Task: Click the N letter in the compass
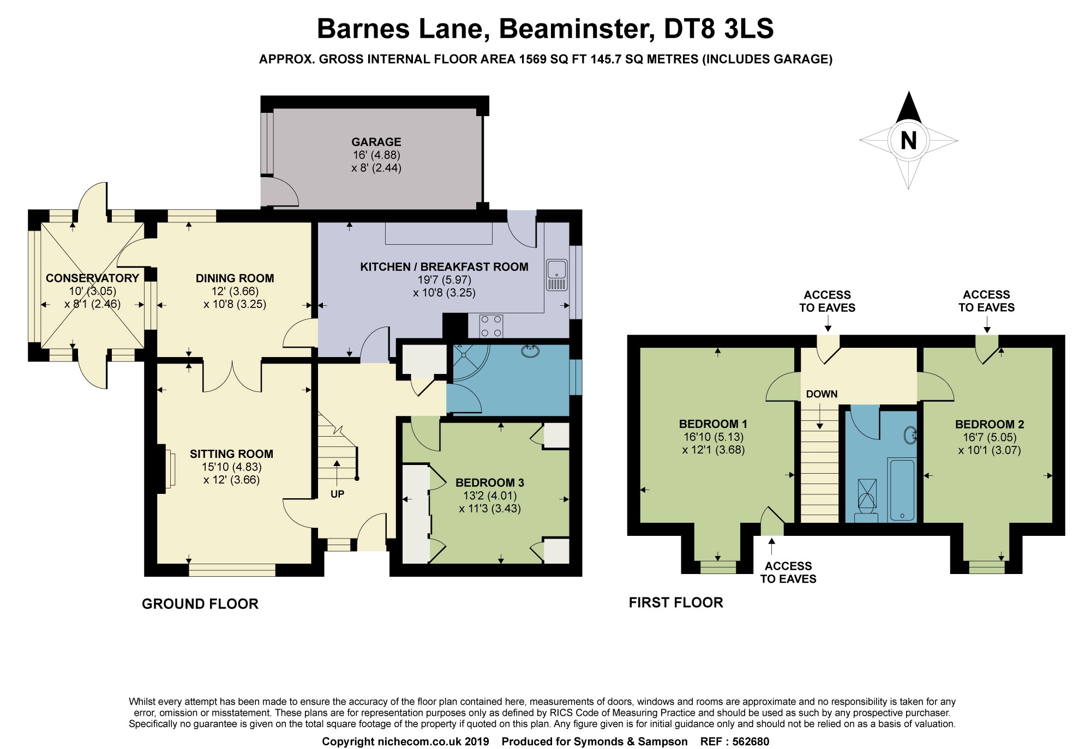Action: pos(908,141)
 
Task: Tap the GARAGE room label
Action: pos(376,142)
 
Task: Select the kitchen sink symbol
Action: pos(556,275)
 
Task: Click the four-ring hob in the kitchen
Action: pos(491,326)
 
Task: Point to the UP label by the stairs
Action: pos(337,494)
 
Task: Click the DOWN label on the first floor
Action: pos(822,394)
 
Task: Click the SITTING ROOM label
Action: pos(231,454)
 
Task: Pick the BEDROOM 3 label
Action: pos(490,482)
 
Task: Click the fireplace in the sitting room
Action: pos(168,468)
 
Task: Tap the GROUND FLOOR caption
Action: pos(200,604)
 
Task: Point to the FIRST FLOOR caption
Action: pos(676,602)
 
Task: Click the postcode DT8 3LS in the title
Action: pos(719,28)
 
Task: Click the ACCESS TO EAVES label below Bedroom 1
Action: pos(788,572)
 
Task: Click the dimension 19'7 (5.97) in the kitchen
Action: pos(445,280)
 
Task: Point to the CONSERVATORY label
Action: pos(92,278)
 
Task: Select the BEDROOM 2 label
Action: pos(990,424)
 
